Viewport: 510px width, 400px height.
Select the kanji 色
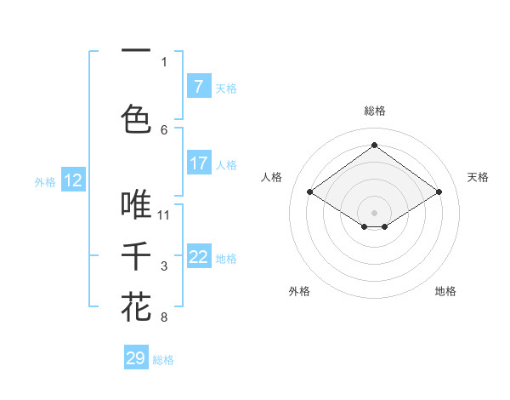[136, 118]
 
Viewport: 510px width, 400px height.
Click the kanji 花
[136, 306]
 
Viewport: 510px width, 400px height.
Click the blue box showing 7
[198, 87]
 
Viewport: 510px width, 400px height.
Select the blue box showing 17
[198, 163]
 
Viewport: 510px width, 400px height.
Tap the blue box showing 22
[198, 257]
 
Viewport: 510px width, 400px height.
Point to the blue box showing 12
[73, 180]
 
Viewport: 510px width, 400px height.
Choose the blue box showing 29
[136, 358]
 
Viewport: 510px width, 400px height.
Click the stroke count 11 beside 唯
[164, 214]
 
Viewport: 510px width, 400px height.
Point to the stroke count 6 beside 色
[164, 129]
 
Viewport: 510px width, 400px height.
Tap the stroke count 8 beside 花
[164, 317]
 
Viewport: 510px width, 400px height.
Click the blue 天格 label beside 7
[226, 88]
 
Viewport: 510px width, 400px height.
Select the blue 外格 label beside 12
[44, 181]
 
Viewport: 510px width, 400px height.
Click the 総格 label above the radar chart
[374, 111]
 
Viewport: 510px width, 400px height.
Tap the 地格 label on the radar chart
[445, 291]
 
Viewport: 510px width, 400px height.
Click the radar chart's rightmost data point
[439, 192]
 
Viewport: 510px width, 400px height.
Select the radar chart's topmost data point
[374, 145]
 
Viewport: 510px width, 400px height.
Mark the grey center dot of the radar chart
[374, 211]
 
